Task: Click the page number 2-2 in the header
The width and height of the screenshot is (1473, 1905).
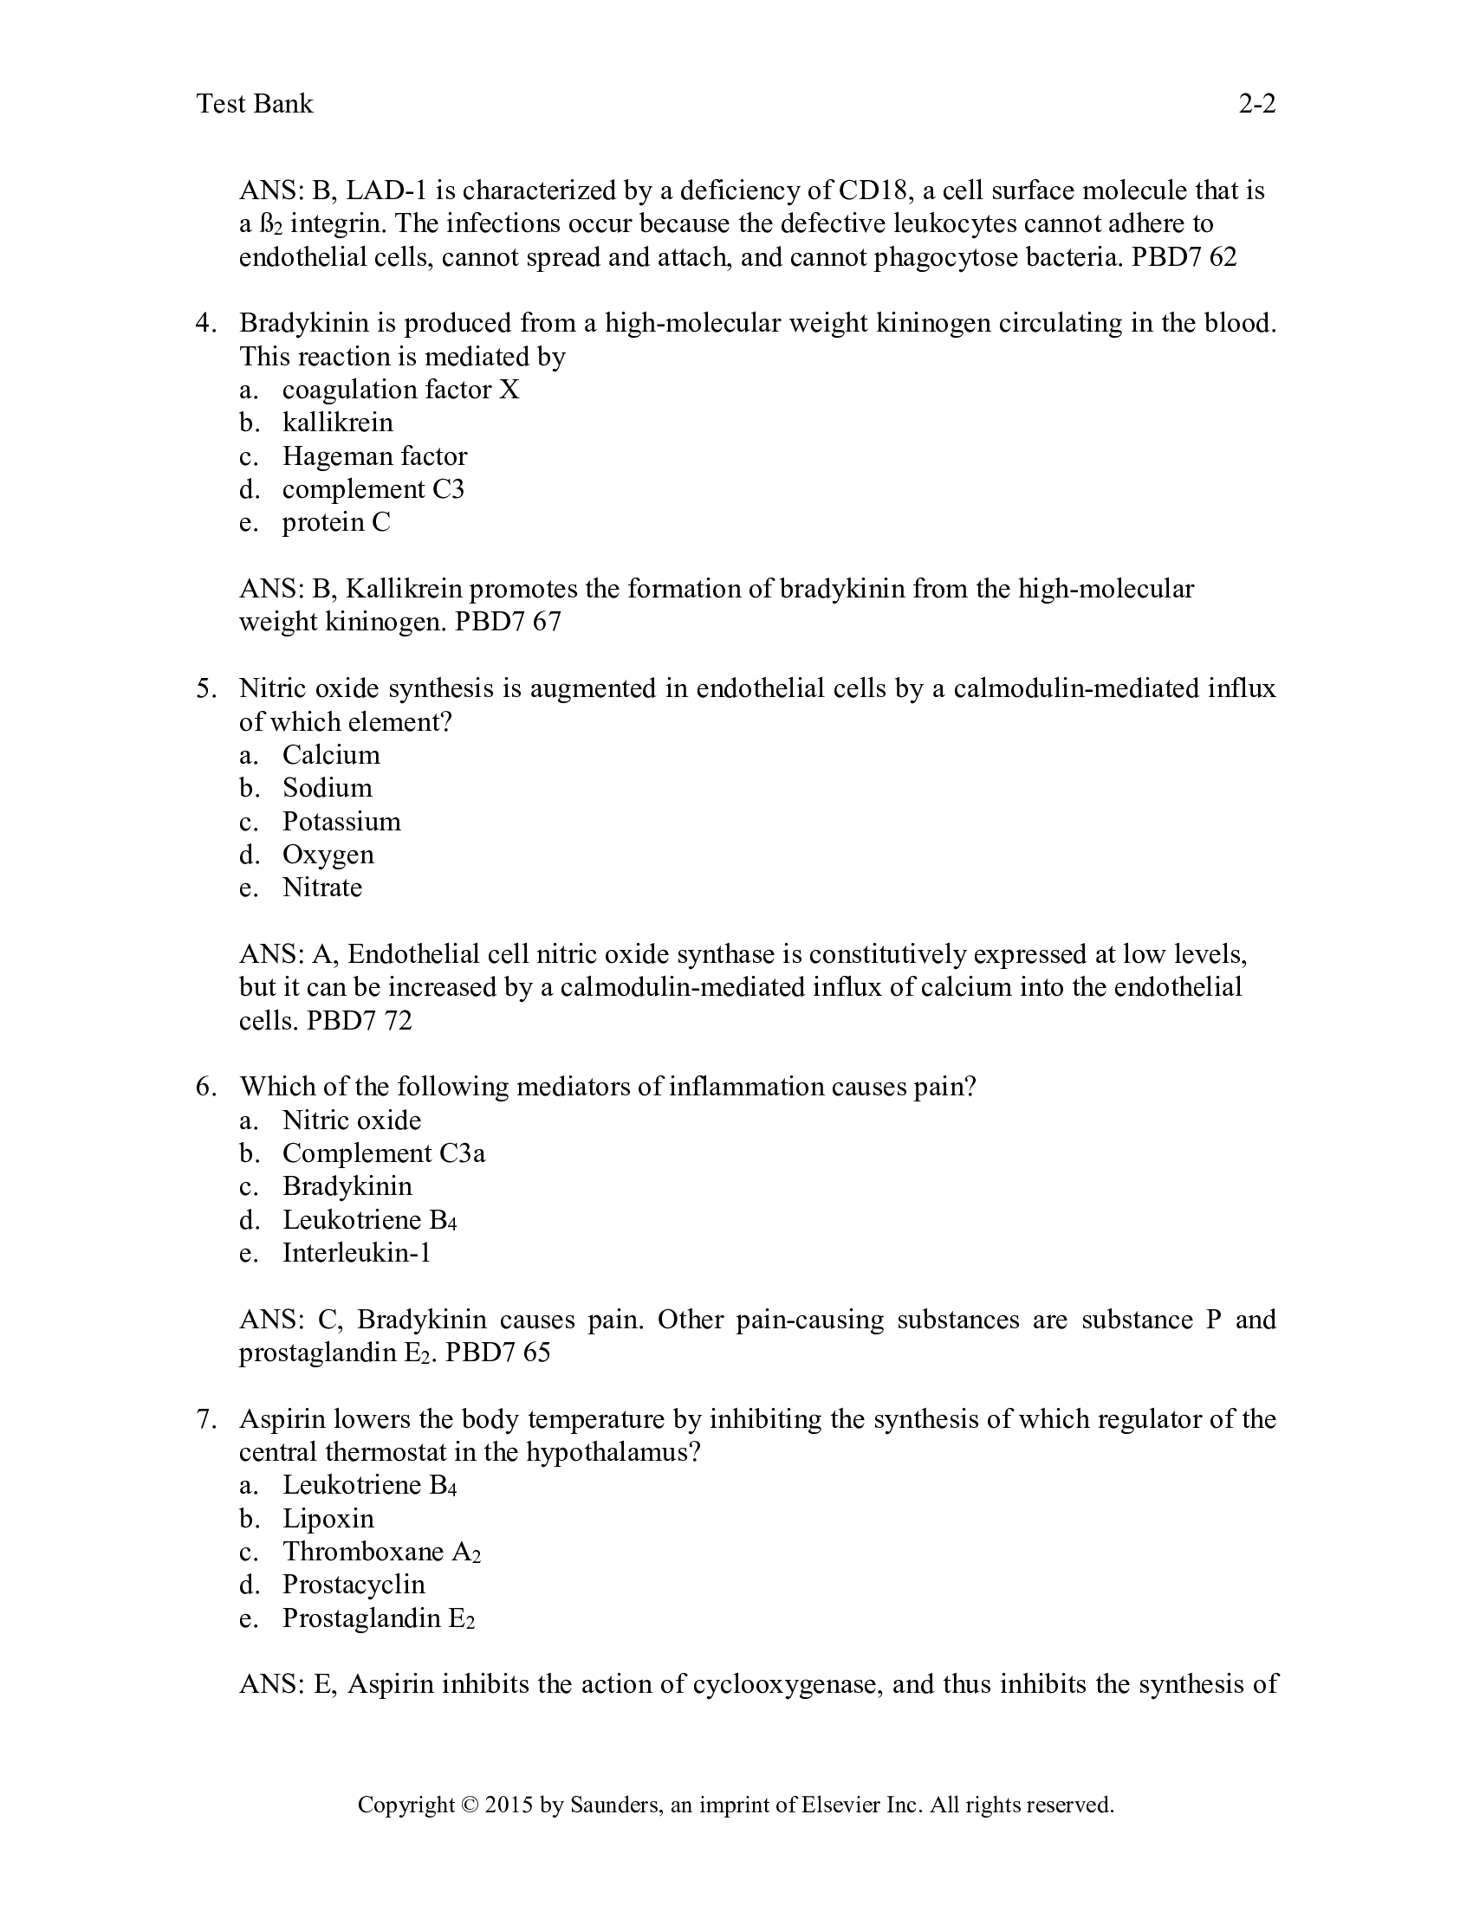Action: [x=1256, y=104]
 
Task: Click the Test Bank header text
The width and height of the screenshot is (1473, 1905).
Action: [x=255, y=104]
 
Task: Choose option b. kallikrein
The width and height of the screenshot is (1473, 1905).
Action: [x=337, y=423]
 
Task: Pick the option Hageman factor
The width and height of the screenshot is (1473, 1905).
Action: [x=374, y=456]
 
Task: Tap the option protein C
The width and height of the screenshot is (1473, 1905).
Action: [x=336, y=522]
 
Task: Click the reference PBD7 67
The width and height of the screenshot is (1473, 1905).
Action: [x=508, y=622]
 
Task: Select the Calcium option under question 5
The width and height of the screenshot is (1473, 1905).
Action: [x=331, y=755]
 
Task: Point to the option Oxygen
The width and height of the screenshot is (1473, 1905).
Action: [x=328, y=855]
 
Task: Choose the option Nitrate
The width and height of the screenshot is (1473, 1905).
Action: [x=322, y=888]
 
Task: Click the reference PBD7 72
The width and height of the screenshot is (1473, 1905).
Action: [x=359, y=1021]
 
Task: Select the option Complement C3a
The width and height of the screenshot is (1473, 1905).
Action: [x=383, y=1154]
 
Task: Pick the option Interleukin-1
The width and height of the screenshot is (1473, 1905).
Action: [x=356, y=1254]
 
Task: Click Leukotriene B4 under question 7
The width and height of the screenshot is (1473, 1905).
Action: [x=369, y=1485]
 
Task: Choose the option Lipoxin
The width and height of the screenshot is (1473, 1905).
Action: [x=328, y=1519]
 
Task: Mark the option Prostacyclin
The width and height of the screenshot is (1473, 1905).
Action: [x=354, y=1585]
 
